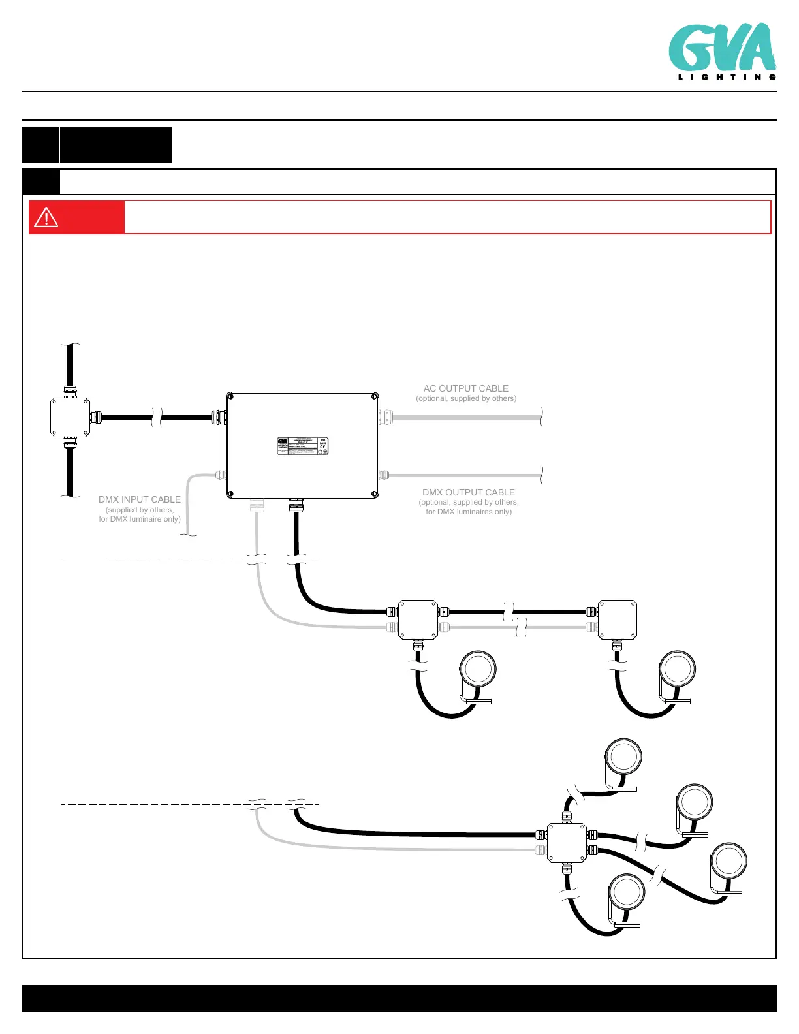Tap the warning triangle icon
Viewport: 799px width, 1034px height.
pos(46,217)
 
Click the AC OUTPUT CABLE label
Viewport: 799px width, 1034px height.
pos(466,388)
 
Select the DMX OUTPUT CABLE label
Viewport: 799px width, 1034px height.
pos(469,492)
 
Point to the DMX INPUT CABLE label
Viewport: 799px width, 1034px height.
pos(140,499)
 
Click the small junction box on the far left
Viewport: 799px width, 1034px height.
pos(70,417)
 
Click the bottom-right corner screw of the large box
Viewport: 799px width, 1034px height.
pos(374,494)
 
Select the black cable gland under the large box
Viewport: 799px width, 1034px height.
pos(296,505)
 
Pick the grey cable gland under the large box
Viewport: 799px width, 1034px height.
pos(257,505)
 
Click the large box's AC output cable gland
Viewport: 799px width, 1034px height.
pos(385,416)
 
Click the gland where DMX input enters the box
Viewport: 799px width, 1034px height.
pos(220,475)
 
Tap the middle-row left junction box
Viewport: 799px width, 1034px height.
pos(418,619)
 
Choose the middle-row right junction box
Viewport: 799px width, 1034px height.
pos(618,619)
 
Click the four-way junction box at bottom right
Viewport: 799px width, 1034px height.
pos(567,843)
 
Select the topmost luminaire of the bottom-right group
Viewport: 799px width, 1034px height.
pos(623,757)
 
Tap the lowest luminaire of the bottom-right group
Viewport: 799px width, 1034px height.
pos(627,893)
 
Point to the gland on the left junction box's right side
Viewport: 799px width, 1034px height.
pos(95,417)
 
